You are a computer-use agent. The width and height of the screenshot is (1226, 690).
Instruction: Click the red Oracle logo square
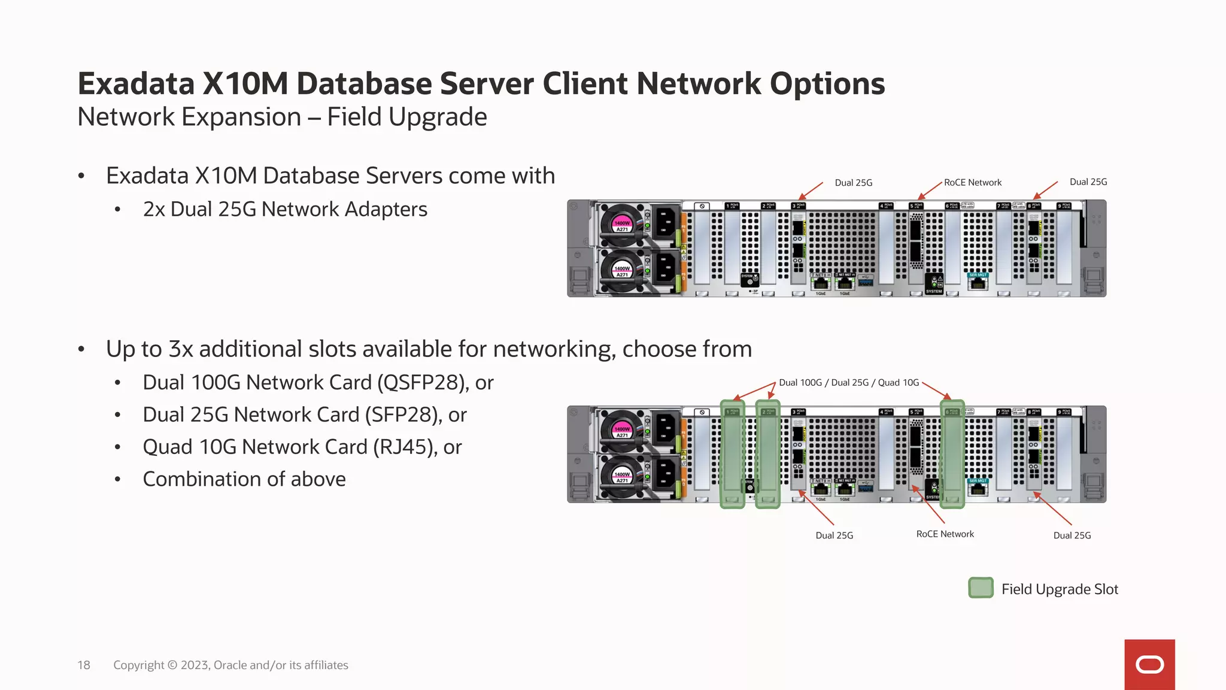tap(1149, 664)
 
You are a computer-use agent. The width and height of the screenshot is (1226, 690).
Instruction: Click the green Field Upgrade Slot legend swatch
tap(981, 588)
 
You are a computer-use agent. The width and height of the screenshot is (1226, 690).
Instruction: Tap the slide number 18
tap(84, 665)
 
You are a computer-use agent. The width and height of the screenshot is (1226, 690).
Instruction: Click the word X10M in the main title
tap(245, 84)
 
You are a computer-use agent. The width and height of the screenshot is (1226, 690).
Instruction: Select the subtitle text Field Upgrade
tap(406, 117)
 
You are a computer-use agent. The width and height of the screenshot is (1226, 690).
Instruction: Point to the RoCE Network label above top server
tap(972, 183)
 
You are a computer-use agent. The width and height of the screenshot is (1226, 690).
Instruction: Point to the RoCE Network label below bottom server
tap(945, 534)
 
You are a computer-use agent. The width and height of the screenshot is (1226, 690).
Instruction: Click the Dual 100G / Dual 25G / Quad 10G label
tap(848, 383)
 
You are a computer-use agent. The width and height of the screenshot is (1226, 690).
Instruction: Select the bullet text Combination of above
tap(244, 480)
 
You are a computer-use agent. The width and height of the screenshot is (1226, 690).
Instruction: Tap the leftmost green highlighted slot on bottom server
tap(732, 455)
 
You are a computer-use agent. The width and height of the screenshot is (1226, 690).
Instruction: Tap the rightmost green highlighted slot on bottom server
tap(952, 455)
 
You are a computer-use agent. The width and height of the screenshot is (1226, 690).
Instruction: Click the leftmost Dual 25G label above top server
tap(853, 183)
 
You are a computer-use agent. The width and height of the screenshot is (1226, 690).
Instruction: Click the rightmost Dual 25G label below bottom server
tap(1072, 535)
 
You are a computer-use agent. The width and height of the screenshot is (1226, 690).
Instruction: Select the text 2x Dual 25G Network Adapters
tap(284, 210)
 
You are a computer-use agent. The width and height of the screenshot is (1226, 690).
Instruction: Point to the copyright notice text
tap(230, 665)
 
